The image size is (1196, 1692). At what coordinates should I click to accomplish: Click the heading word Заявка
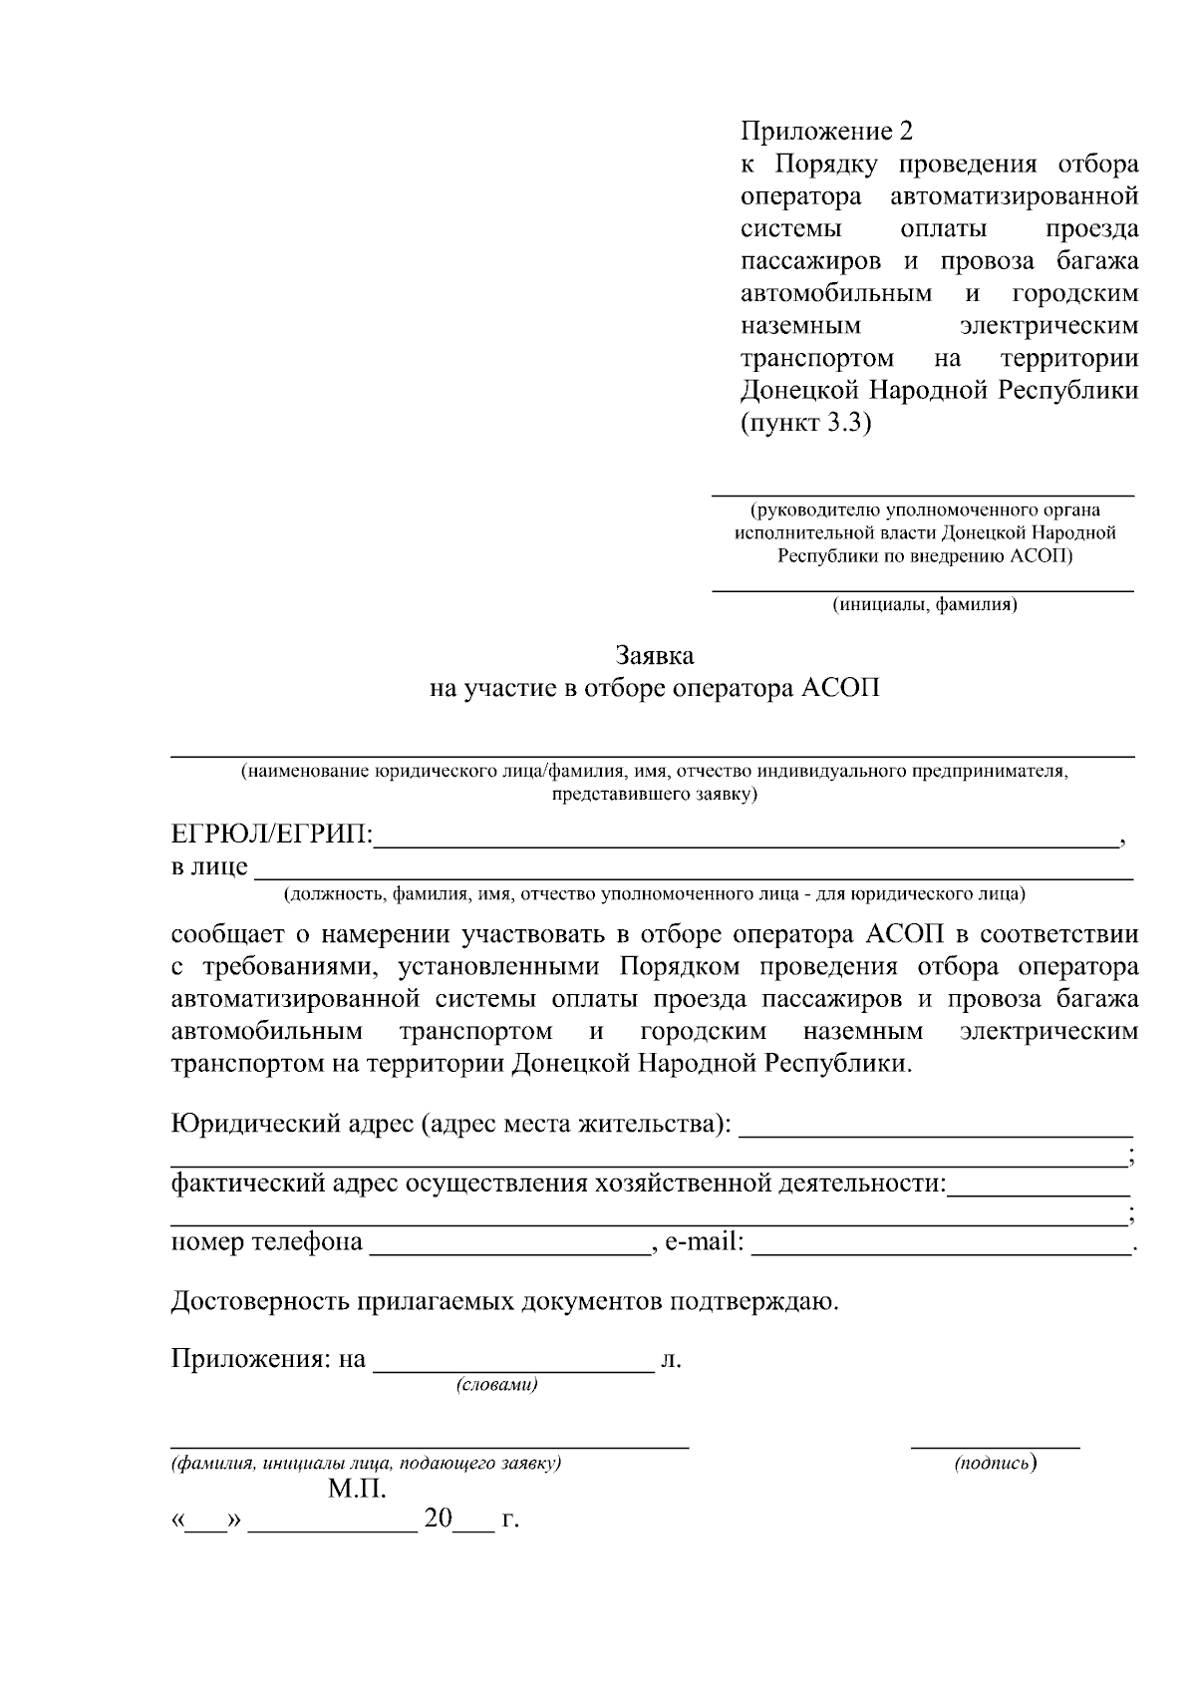654,656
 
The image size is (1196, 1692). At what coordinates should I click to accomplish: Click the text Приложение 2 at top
826,132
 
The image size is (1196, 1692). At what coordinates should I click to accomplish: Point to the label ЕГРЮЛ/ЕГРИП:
272,835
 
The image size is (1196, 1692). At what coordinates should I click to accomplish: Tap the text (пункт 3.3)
805,423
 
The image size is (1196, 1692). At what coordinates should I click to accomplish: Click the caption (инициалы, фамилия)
924,604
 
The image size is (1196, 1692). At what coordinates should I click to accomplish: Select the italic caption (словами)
496,1385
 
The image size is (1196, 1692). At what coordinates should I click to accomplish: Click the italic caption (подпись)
995,1463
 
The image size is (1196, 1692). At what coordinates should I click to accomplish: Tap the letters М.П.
357,1491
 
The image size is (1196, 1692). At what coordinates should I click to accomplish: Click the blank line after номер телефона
509,1251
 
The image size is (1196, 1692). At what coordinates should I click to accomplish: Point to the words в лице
209,866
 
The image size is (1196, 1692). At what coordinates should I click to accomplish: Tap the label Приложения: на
268,1359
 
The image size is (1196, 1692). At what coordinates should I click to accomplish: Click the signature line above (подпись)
995,1445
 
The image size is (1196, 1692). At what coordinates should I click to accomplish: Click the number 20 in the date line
438,1520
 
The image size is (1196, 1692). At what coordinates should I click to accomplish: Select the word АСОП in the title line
841,689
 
